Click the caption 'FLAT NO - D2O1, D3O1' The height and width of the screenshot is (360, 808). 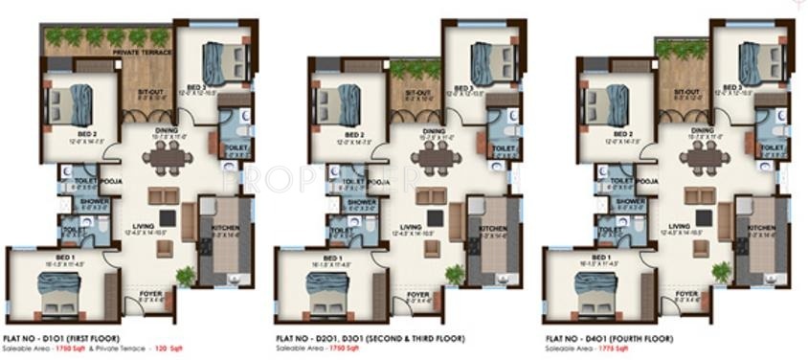click(321, 339)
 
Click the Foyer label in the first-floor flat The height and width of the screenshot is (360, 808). click(150, 294)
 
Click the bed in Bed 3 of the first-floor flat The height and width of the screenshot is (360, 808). click(227, 60)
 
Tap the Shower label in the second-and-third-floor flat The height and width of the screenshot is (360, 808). click(363, 202)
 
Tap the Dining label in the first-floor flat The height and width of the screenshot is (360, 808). click(166, 131)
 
